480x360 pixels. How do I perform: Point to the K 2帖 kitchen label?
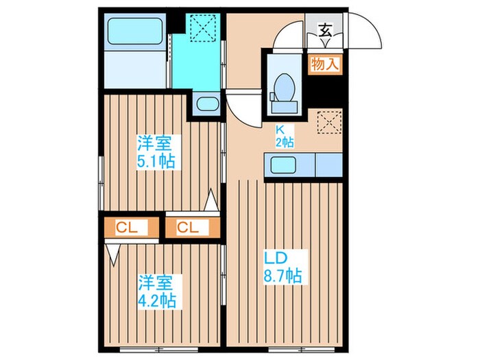[x=285, y=136]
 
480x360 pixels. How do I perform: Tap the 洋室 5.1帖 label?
[x=155, y=153]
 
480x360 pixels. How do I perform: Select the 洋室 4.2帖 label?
[x=155, y=291]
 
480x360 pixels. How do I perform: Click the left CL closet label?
[x=127, y=227]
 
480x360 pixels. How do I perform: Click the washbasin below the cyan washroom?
[x=205, y=105]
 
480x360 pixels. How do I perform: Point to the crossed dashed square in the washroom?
[x=203, y=29]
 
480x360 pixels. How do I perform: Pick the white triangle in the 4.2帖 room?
[x=112, y=255]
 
